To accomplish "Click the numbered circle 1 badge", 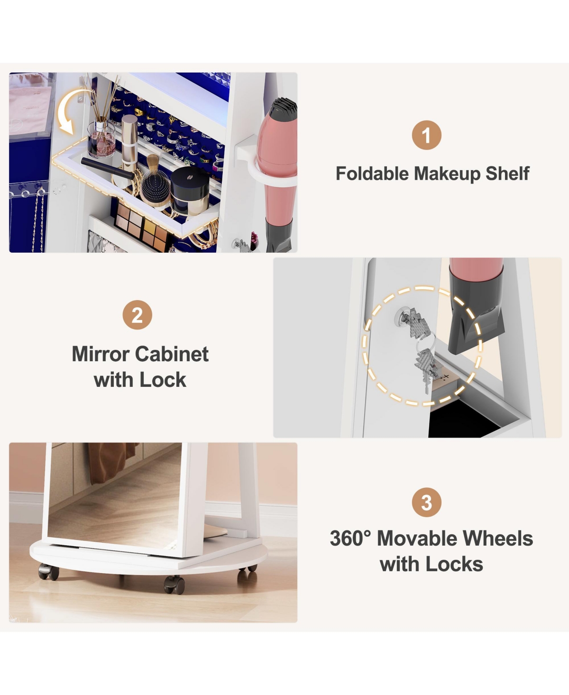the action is click(x=426, y=135).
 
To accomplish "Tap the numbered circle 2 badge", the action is click(x=137, y=315).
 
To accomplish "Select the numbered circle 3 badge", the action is click(x=426, y=502).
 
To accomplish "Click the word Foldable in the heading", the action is click(x=372, y=174).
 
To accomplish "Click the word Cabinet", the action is click(x=172, y=354).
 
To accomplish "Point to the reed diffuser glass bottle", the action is click(x=101, y=138).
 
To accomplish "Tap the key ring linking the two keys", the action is click(x=426, y=343).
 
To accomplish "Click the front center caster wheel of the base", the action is click(x=174, y=585).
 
